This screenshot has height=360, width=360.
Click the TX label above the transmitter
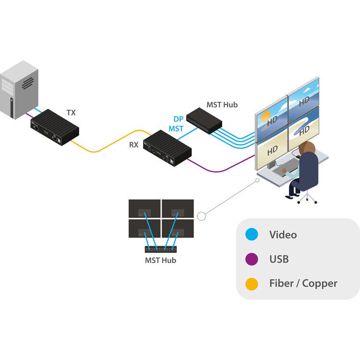(x=71, y=113)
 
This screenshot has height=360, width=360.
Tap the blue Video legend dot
(x=252, y=235)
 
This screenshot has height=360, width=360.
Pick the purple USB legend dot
(x=252, y=259)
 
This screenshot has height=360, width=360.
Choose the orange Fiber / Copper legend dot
(x=252, y=284)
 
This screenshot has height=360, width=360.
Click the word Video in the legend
(x=283, y=235)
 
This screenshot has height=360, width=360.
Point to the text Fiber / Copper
(x=303, y=284)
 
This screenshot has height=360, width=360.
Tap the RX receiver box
(x=168, y=148)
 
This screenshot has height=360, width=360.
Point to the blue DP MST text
(x=176, y=124)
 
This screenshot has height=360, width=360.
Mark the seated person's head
(x=307, y=148)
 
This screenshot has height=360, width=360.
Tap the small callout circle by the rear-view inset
(x=202, y=216)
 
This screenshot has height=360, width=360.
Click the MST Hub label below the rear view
(x=160, y=260)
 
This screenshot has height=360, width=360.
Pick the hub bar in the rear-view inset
(x=161, y=249)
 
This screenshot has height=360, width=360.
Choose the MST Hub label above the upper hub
(x=222, y=104)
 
